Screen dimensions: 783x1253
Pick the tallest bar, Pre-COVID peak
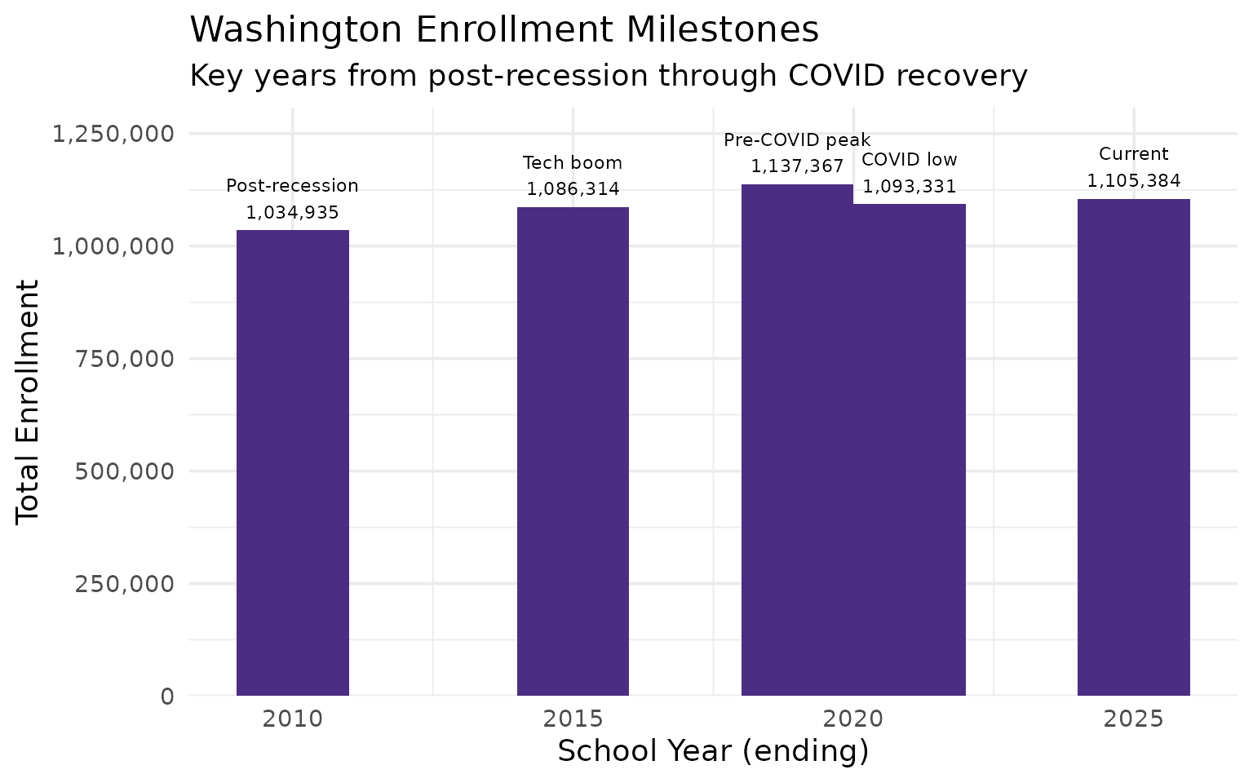click(x=797, y=440)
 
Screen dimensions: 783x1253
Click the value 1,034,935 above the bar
click(x=293, y=212)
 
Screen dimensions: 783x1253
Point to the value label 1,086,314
click(x=573, y=189)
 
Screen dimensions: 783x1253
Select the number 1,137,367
click(x=797, y=166)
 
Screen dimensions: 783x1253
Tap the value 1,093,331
click(x=910, y=187)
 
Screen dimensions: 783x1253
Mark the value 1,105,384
click(x=1133, y=180)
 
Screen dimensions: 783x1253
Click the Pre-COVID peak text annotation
click(x=797, y=140)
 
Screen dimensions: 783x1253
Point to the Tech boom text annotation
click(x=573, y=163)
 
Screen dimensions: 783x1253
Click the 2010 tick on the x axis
click(x=293, y=719)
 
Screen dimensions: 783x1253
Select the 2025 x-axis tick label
click(x=1133, y=719)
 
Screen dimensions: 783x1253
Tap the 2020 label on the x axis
click(x=853, y=719)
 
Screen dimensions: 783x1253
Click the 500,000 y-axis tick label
click(x=124, y=471)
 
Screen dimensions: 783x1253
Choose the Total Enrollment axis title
click(x=29, y=401)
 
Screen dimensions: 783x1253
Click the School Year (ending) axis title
click(x=713, y=751)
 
